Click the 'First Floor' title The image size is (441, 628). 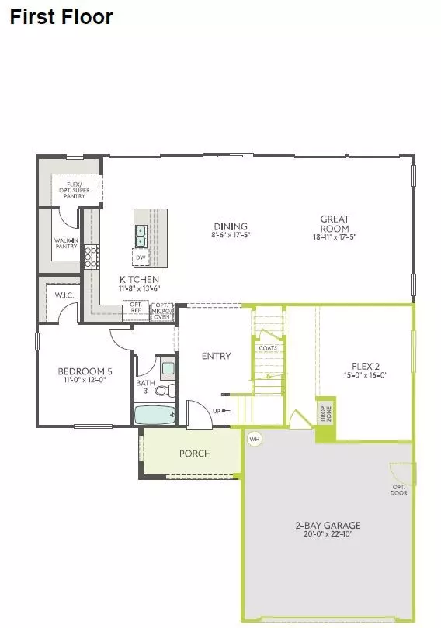coord(61,16)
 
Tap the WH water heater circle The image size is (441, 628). coord(254,439)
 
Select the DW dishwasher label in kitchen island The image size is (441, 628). coord(141,257)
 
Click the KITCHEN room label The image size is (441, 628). coord(139,279)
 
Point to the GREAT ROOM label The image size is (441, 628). coord(335,223)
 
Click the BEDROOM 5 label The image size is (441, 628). coord(80,371)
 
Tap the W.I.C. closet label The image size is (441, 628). coord(64,295)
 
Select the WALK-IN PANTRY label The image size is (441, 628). coord(66,243)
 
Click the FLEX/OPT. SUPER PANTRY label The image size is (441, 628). coord(68,188)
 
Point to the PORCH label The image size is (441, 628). coord(195,454)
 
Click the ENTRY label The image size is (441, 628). coord(216,356)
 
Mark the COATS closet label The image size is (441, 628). coord(267,348)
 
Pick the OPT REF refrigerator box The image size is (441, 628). coord(135,308)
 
